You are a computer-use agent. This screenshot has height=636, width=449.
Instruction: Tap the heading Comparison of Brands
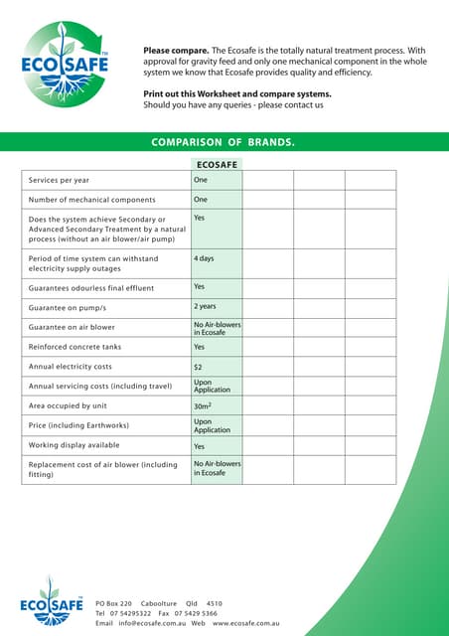(x=223, y=143)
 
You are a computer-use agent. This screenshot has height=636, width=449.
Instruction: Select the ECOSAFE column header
(x=216, y=164)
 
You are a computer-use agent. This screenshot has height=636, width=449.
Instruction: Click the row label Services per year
(x=59, y=180)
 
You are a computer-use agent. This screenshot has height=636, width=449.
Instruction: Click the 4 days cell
(x=205, y=258)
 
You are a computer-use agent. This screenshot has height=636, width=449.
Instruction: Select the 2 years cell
(x=205, y=307)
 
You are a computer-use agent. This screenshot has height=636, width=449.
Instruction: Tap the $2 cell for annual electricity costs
(x=199, y=367)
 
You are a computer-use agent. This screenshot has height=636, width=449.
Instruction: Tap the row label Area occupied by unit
(x=75, y=405)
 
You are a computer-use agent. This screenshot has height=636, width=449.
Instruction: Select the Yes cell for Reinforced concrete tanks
(x=200, y=347)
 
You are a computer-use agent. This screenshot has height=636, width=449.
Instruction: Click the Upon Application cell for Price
(x=212, y=425)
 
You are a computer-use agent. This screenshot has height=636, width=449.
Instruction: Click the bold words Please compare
(x=175, y=50)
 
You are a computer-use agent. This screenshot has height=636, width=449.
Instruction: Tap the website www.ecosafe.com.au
(x=245, y=623)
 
